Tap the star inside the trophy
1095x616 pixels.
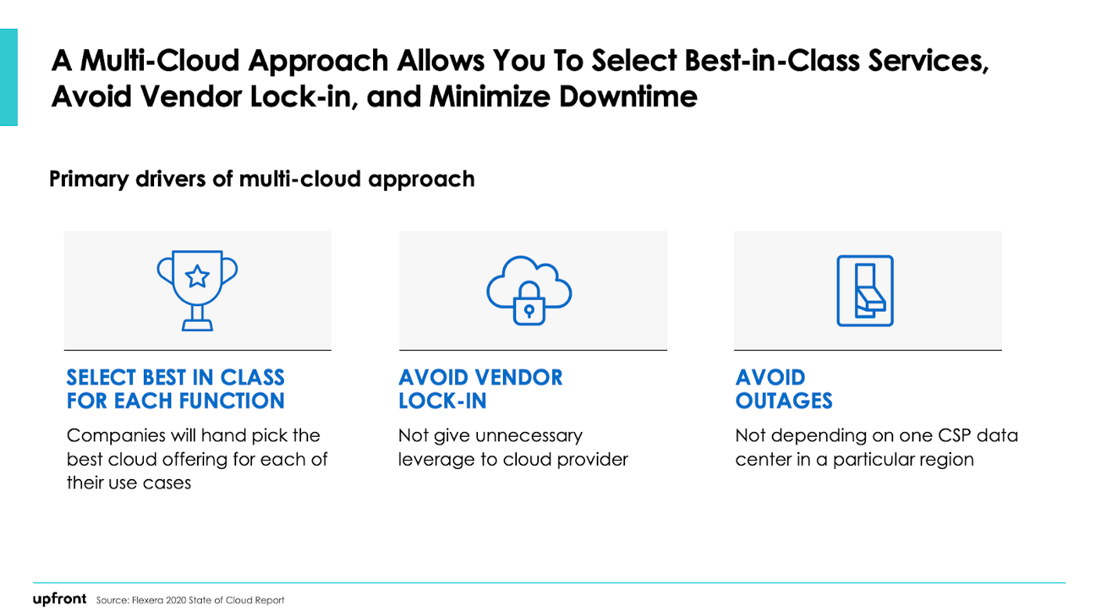(x=197, y=276)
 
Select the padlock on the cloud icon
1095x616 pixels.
(x=529, y=304)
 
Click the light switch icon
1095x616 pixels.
(x=865, y=290)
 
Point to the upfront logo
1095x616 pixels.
(x=59, y=599)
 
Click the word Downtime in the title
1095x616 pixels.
(x=627, y=96)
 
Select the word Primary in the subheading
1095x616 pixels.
(x=89, y=179)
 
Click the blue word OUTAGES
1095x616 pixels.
(x=784, y=402)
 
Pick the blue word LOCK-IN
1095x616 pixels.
(x=443, y=402)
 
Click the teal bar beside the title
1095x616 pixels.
(x=9, y=77)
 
